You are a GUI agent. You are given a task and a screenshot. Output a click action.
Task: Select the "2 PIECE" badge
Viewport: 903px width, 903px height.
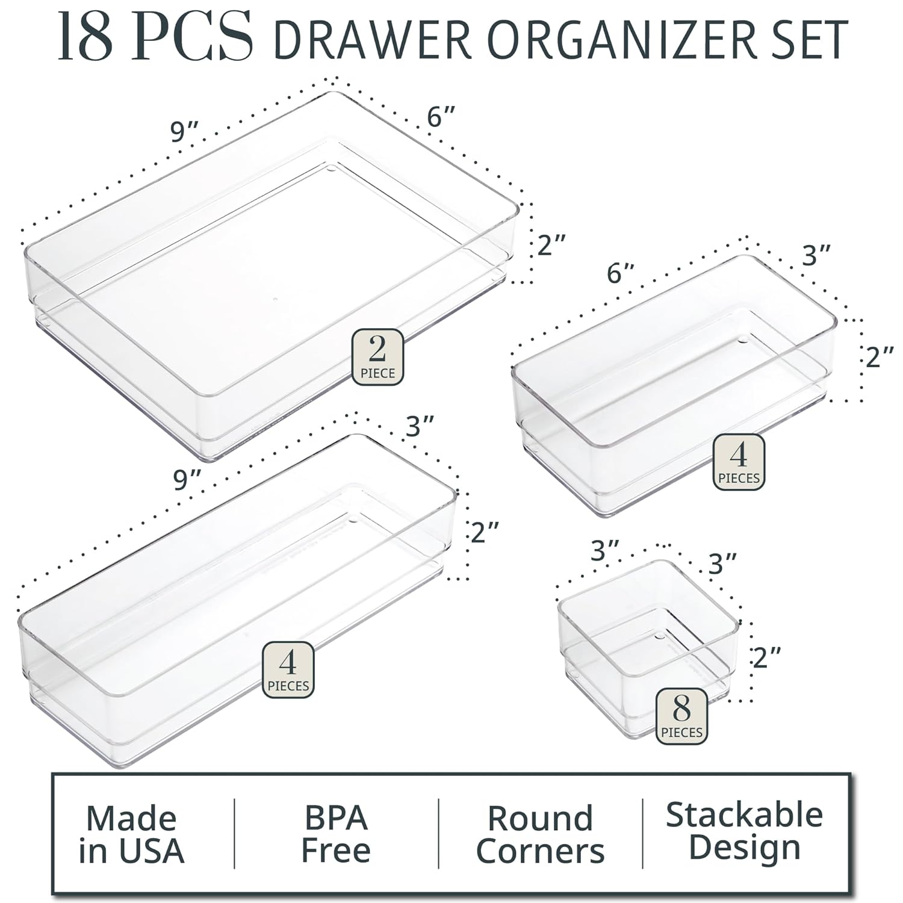pos(377,357)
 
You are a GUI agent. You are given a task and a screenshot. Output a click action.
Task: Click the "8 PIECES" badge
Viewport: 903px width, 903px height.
pos(681,716)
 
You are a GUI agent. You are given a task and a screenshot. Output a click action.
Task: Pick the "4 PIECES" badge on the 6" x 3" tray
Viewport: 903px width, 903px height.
pos(739,462)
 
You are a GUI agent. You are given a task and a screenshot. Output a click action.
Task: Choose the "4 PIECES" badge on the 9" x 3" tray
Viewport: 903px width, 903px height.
pos(288,669)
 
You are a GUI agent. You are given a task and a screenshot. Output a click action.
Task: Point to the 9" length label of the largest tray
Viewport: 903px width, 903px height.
pos(184,131)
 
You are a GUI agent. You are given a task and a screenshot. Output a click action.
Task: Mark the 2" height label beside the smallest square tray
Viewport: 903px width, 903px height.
pos(766,656)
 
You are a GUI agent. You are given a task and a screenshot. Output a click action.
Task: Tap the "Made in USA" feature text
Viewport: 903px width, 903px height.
pos(131,834)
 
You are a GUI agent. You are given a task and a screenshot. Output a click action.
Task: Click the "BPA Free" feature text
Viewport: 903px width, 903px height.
pos(335,833)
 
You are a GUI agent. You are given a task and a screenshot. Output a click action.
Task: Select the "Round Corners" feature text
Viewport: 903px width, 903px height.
pos(540,834)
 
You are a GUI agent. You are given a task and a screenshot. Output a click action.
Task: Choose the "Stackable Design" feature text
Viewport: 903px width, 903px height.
pos(744,831)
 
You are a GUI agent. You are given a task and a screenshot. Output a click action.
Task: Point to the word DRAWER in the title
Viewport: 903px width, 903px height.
pos(372,40)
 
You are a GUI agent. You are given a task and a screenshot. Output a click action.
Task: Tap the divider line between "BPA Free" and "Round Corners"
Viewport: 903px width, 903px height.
pos(438,834)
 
